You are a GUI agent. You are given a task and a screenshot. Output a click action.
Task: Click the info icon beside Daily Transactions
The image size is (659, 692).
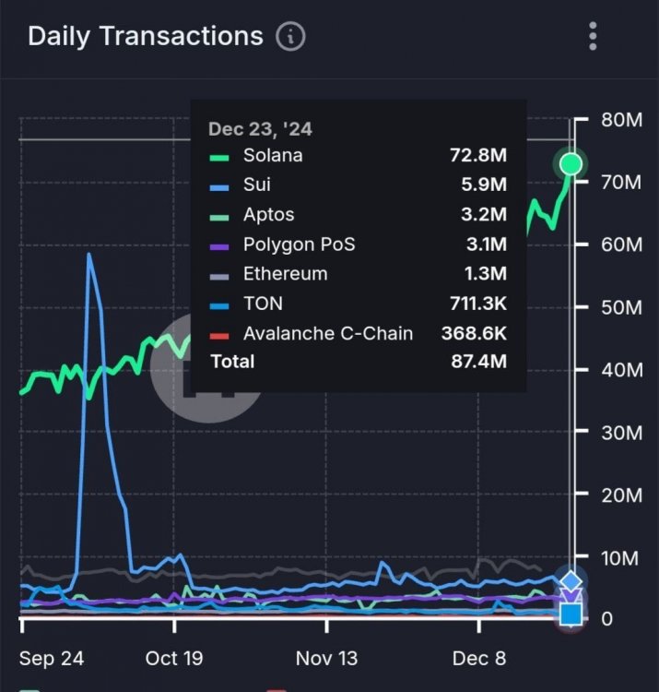tap(290, 37)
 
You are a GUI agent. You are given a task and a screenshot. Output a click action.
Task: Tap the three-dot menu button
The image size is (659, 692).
tap(594, 37)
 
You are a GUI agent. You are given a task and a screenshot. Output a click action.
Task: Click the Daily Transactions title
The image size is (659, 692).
tap(146, 37)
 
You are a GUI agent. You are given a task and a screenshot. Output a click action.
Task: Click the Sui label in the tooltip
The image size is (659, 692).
tap(257, 185)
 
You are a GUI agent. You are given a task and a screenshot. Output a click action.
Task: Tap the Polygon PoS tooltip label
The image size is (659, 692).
tap(299, 245)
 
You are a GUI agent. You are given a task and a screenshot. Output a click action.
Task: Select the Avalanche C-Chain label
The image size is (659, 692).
tap(328, 333)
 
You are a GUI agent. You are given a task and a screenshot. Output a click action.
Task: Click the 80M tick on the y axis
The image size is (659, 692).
tap(619, 120)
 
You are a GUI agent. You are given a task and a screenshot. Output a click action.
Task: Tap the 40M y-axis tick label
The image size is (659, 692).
tap(619, 370)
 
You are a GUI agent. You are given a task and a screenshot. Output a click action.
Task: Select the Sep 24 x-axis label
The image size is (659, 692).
tap(52, 659)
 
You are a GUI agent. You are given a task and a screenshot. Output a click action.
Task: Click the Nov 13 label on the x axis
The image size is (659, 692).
tap(326, 659)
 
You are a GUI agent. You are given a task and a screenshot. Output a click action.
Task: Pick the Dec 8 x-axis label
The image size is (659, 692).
tap(479, 659)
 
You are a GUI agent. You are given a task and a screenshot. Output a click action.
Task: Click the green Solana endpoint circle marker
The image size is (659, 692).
tap(571, 164)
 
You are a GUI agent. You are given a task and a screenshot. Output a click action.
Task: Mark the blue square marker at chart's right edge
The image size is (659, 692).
tap(571, 613)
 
